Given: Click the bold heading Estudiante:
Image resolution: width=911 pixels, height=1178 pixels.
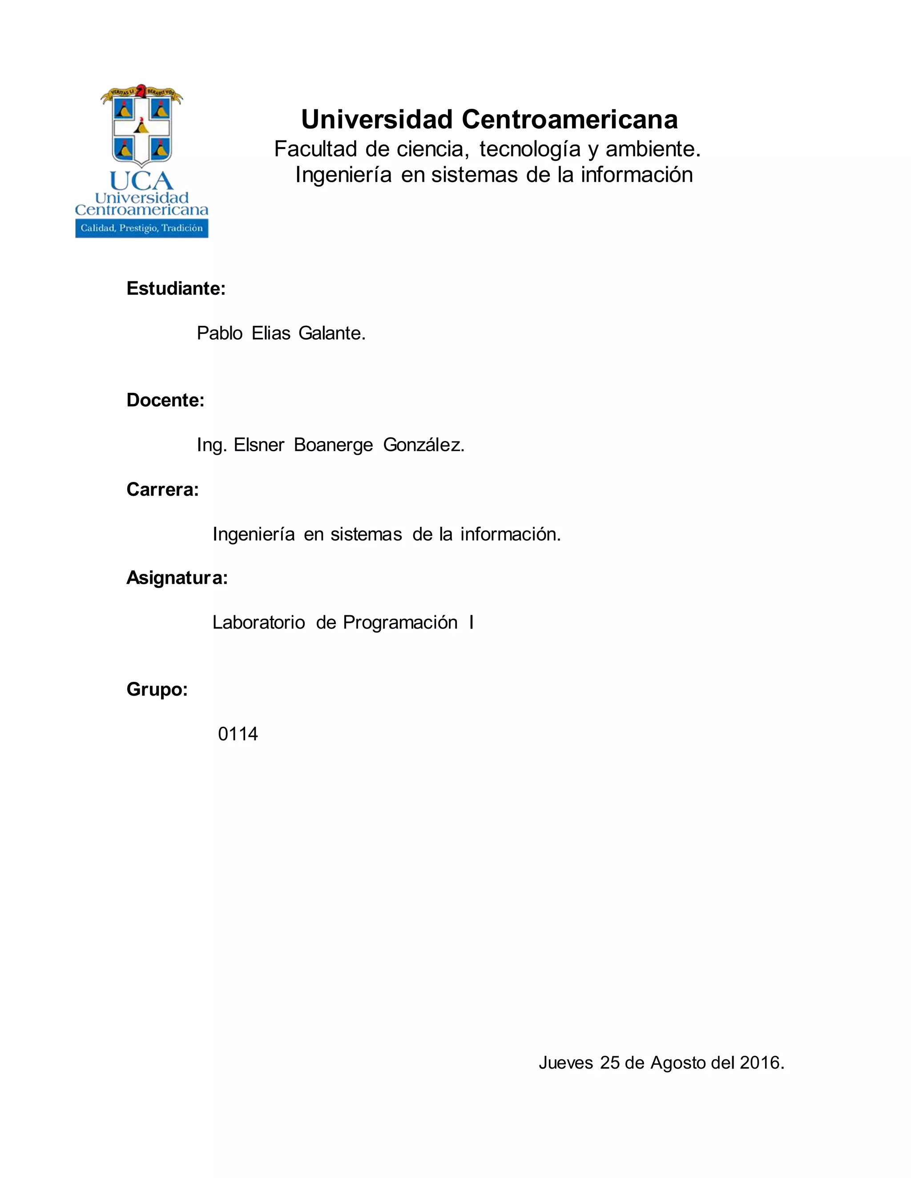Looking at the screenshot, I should [x=175, y=288].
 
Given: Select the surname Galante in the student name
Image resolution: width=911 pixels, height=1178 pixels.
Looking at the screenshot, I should [x=331, y=333].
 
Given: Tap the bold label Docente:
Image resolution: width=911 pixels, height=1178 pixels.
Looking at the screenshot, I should [x=165, y=400].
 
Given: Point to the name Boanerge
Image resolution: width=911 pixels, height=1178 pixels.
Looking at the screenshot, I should [x=333, y=445].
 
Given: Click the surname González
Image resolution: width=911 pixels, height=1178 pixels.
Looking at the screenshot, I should [x=423, y=445].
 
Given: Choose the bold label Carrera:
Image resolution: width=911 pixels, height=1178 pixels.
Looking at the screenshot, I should [x=162, y=489].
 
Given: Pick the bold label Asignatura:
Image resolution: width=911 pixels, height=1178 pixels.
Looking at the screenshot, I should [x=177, y=578].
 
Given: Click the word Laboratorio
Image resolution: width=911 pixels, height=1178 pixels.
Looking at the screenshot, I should [x=258, y=622].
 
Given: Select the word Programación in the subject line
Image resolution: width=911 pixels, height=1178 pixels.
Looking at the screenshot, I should [x=400, y=622].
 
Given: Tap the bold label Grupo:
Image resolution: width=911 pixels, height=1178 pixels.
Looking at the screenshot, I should [x=157, y=689].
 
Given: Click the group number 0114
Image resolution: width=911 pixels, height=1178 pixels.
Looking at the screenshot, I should [x=238, y=734].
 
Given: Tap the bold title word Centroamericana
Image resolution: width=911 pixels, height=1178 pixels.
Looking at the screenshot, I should [x=569, y=119].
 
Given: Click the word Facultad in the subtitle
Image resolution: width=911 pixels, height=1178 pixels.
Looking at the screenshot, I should [x=316, y=149].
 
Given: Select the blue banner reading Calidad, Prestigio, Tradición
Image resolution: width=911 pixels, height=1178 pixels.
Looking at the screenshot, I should [x=141, y=228].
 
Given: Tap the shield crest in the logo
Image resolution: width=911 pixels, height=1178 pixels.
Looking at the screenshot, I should [x=141, y=129].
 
